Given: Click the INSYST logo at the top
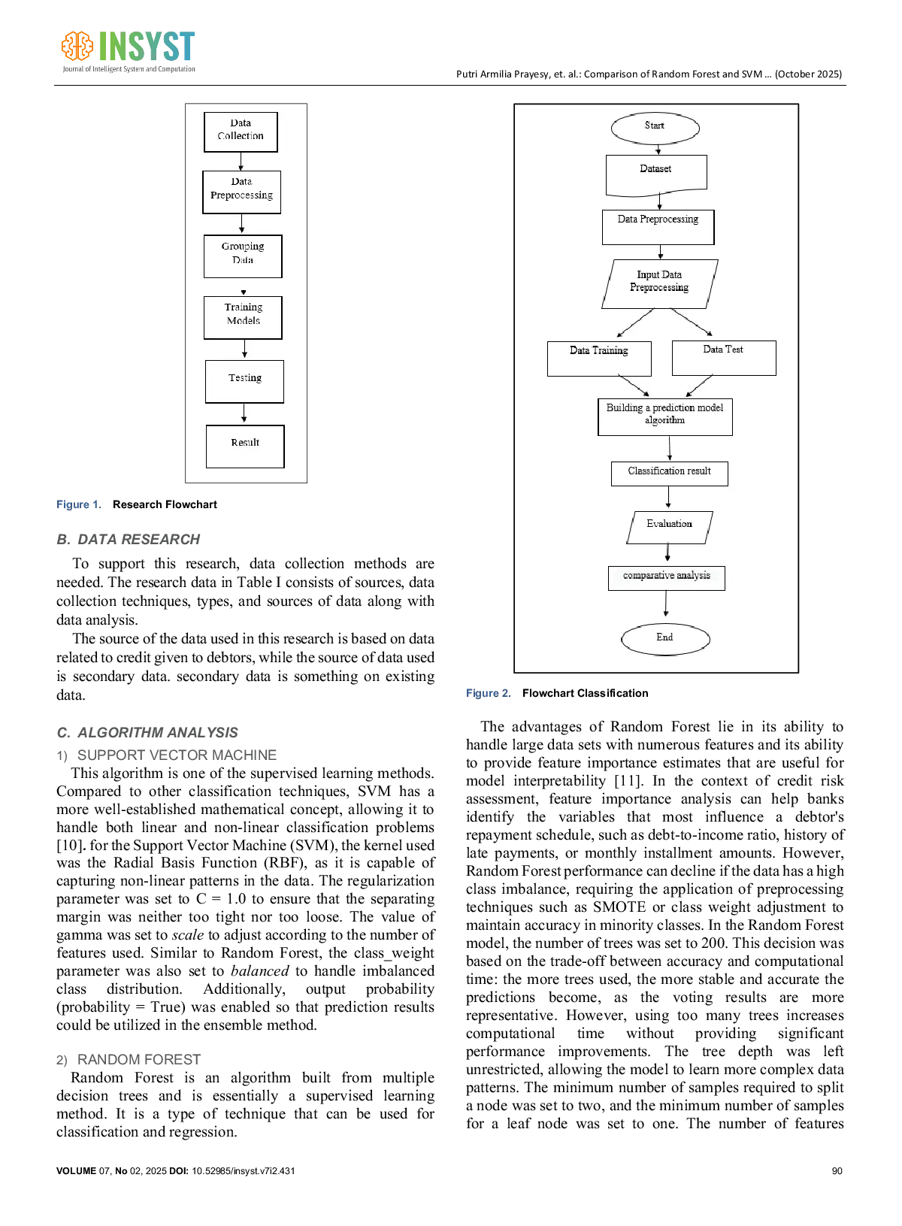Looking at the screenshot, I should point(129,51).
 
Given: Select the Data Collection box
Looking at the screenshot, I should point(241,132).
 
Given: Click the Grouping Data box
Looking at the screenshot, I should point(243,256).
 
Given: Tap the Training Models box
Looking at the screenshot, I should point(243,316).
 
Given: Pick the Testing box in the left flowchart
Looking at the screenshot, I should point(244,381).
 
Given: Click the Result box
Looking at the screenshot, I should point(245,446).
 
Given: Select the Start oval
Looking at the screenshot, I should point(655,127).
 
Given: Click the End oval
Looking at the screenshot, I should point(665,638).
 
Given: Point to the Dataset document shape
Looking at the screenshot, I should point(656,174).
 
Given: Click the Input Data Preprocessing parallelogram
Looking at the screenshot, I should point(659,283).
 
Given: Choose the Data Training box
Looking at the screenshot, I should point(599,358).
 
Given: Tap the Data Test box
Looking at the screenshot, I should point(723,357).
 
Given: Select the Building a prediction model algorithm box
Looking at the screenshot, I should point(664,416).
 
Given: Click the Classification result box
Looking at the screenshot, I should point(669,473).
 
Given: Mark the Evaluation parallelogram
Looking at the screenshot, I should point(669,526).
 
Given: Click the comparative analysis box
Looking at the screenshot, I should point(666,577).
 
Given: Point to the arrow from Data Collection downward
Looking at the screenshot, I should point(241,161).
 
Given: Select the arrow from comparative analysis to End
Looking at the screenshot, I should point(666,604).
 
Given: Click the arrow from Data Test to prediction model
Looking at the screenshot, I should point(700,386).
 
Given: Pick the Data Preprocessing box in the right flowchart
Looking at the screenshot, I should point(658,226).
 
